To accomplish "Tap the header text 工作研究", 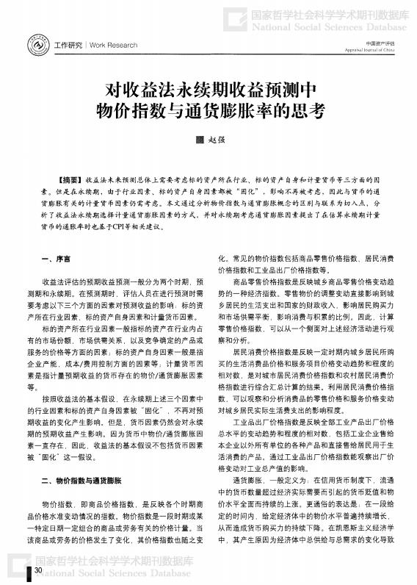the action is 69,46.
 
